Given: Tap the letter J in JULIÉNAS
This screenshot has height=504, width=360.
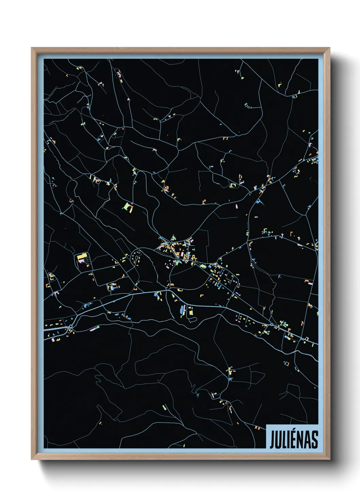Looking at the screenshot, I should click(272, 440).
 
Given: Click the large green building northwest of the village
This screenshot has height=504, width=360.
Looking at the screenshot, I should click(128, 207).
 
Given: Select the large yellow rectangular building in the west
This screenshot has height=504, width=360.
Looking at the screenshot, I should click(82, 256).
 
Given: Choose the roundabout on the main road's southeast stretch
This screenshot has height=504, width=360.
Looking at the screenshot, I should click(272, 325).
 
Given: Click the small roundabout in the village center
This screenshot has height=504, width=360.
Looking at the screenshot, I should click(178, 262).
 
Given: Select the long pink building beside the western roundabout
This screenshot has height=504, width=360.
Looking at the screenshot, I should click(94, 328).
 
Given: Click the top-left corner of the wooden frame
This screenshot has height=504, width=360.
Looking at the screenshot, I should click(32, 48).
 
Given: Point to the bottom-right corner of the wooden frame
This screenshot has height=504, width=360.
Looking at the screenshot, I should click(329, 459).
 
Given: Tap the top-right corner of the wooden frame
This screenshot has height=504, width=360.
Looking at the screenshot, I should click(329, 48).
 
